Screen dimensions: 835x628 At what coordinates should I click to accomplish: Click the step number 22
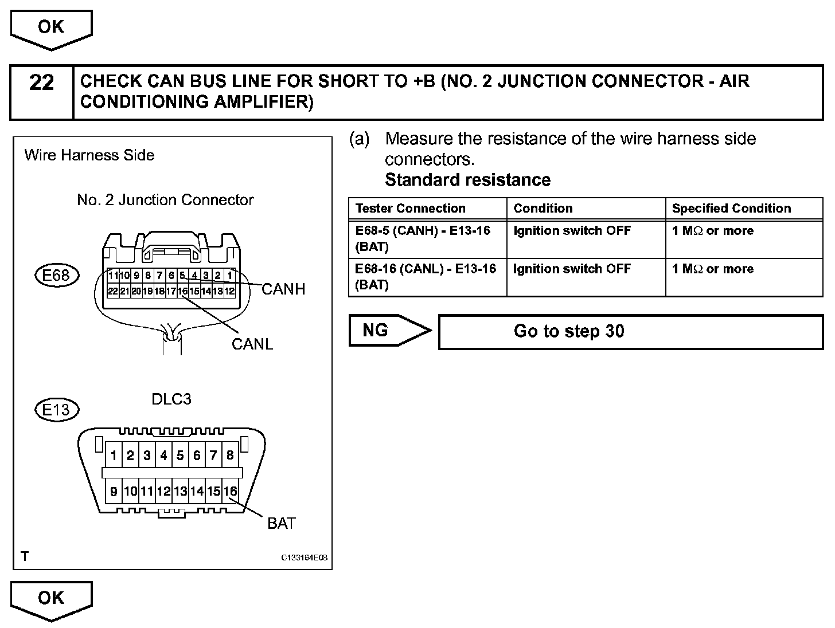click(41, 84)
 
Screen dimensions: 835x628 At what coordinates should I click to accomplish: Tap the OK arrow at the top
click(51, 28)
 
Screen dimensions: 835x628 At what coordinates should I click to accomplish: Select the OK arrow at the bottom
click(51, 598)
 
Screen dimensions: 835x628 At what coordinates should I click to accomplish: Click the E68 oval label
click(56, 276)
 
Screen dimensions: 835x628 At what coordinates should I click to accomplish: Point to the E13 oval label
click(56, 410)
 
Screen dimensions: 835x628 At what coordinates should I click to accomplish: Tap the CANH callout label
click(283, 289)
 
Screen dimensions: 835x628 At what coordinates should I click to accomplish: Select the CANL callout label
click(252, 344)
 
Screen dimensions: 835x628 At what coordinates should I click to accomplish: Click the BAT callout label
click(281, 523)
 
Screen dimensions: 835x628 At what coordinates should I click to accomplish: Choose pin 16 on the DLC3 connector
click(230, 491)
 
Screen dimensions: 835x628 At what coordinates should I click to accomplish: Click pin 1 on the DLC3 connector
click(114, 456)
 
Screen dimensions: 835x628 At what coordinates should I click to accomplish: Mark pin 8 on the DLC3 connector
click(230, 456)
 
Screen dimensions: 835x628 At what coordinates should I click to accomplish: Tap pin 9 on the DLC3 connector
click(114, 491)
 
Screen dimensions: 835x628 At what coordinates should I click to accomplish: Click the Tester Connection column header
click(410, 209)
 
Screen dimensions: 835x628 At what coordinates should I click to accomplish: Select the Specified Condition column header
click(731, 209)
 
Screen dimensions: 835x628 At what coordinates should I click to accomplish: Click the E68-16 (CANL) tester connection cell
click(425, 277)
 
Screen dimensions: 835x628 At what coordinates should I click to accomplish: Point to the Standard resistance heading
click(467, 180)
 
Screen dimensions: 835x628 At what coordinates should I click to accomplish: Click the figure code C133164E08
click(304, 558)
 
